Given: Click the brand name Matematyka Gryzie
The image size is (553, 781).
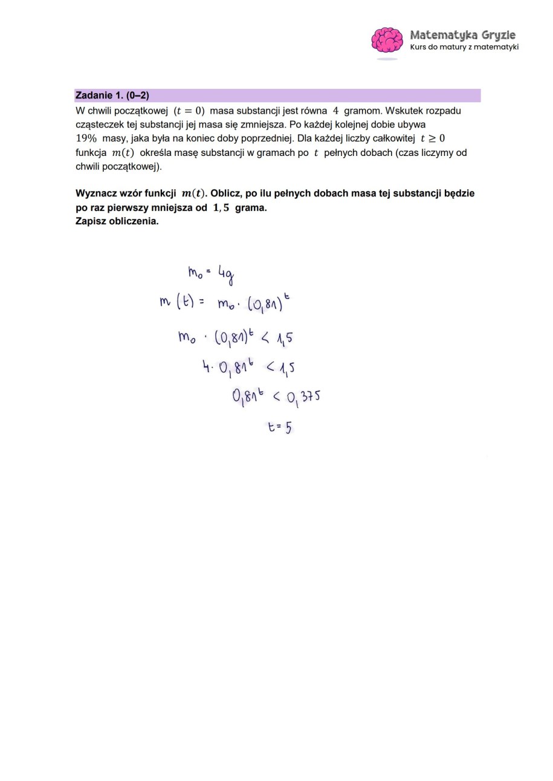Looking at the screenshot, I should tap(462, 34).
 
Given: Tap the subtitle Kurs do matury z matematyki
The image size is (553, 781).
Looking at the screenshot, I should tap(464, 47).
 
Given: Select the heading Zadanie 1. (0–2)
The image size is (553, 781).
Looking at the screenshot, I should tap(112, 96).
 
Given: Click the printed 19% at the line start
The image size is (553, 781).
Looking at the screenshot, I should tap(86, 138).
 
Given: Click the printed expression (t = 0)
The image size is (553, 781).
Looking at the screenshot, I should tap(189, 111).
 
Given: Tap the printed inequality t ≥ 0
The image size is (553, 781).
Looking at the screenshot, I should tap(433, 138).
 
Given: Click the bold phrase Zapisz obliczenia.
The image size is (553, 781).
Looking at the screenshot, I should tap(117, 221).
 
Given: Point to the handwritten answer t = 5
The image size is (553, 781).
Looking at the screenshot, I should tap(280, 427).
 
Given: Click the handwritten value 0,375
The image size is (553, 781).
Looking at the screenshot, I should tap(303, 397).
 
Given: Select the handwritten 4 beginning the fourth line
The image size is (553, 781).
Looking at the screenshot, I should tap(206, 366).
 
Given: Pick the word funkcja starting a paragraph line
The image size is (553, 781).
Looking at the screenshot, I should tap(91, 152).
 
